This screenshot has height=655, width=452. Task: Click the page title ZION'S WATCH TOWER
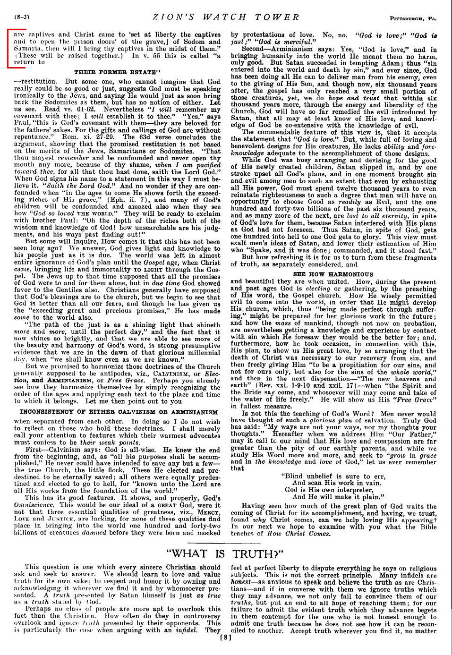click(226, 17)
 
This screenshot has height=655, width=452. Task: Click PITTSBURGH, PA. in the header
click(413, 18)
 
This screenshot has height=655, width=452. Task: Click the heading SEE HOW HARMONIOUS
click(333, 274)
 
